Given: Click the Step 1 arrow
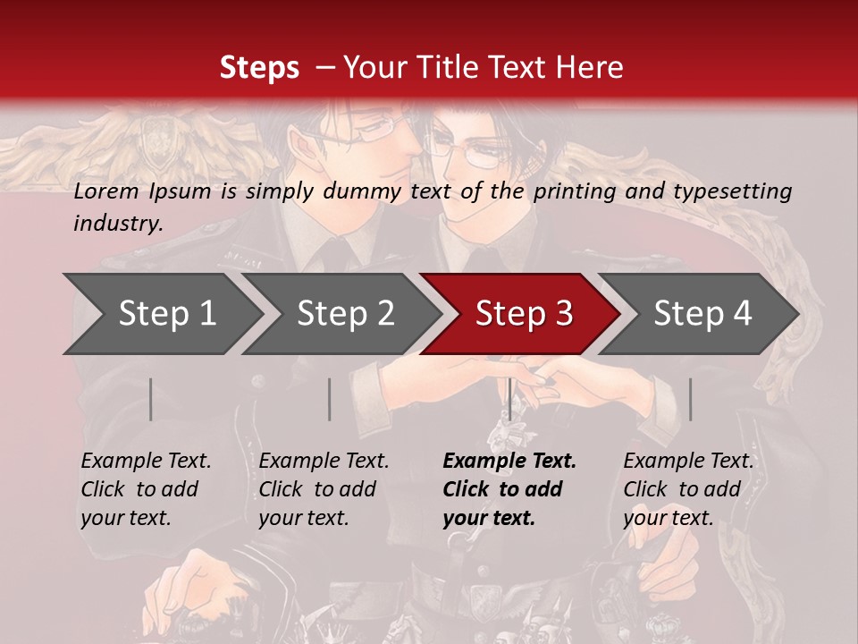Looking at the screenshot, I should pyautogui.click(x=166, y=314).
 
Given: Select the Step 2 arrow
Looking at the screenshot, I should pyautogui.click(x=345, y=314).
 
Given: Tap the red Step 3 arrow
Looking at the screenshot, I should pyautogui.click(x=523, y=314).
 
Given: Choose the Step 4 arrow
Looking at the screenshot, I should pyautogui.click(x=702, y=314).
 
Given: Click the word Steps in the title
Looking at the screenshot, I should pyautogui.click(x=259, y=67).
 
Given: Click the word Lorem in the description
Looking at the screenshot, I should pyautogui.click(x=106, y=191).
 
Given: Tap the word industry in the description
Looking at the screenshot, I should pyautogui.click(x=118, y=223).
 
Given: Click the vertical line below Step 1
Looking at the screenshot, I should pyautogui.click(x=151, y=399).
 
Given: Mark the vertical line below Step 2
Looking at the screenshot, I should pyautogui.click(x=330, y=399).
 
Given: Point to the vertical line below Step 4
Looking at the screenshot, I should pyautogui.click(x=690, y=399).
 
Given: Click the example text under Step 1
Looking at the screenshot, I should pyautogui.click(x=146, y=489).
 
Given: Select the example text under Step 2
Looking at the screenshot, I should pyautogui.click(x=324, y=489).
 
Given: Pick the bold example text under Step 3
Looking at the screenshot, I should pyautogui.click(x=509, y=489).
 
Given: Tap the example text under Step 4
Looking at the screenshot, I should pyautogui.click(x=688, y=489).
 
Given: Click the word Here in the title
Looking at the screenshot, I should pyautogui.click(x=593, y=67).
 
